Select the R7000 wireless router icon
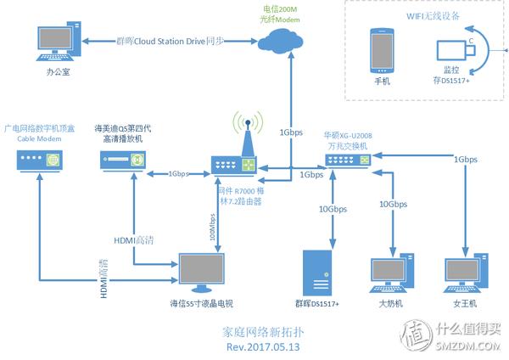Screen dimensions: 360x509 [x=233, y=164]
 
